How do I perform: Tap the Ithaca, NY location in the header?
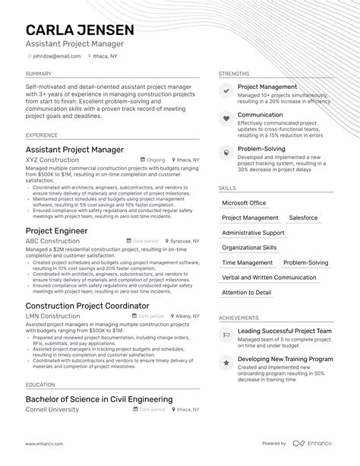pyautogui.click(x=106, y=55)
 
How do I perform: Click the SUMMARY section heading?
pyautogui.click(x=39, y=74)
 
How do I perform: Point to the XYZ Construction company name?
pyautogui.click(x=52, y=160)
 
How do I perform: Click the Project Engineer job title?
pyautogui.click(x=57, y=230)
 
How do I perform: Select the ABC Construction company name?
pyautogui.click(x=52, y=241)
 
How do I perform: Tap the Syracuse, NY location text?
pyautogui.click(x=182, y=241)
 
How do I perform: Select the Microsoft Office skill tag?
pyautogui.click(x=244, y=203)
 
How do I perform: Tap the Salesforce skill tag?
pyautogui.click(x=303, y=217)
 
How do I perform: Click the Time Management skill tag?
pyautogui.click(x=247, y=262)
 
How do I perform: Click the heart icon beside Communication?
pyautogui.click(x=226, y=119)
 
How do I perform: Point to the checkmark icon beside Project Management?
pyautogui.click(x=226, y=90)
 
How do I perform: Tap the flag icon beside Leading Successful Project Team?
pyautogui.click(x=226, y=334)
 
